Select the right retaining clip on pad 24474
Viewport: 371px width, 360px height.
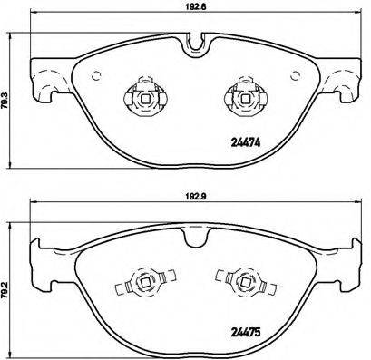tap(242, 94)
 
